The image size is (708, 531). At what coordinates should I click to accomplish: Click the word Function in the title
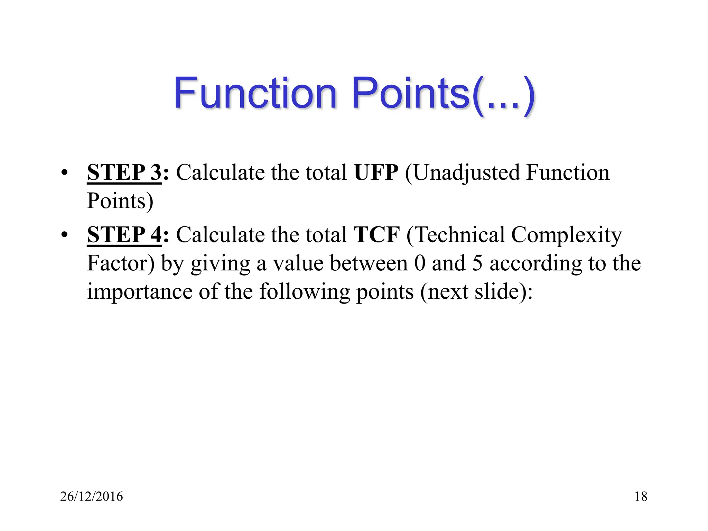tap(255, 93)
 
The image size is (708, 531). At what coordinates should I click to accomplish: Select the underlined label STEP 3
tap(124, 172)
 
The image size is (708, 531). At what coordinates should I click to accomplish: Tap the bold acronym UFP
tap(376, 172)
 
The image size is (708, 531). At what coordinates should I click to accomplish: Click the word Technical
tap(456, 235)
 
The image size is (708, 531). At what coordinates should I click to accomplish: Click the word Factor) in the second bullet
tap(121, 263)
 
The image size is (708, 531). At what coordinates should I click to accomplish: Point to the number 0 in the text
tap(419, 263)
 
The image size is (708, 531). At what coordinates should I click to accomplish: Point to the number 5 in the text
tap(477, 263)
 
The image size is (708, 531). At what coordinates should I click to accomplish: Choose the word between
tap(369, 263)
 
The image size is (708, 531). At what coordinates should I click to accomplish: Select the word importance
tap(139, 292)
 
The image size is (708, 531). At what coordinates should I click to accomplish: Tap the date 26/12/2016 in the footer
tap(91, 496)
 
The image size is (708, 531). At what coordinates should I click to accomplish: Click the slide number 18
tap(641, 496)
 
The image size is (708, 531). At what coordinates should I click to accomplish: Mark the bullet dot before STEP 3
tap(64, 173)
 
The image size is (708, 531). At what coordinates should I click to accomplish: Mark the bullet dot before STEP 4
tap(64, 235)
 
